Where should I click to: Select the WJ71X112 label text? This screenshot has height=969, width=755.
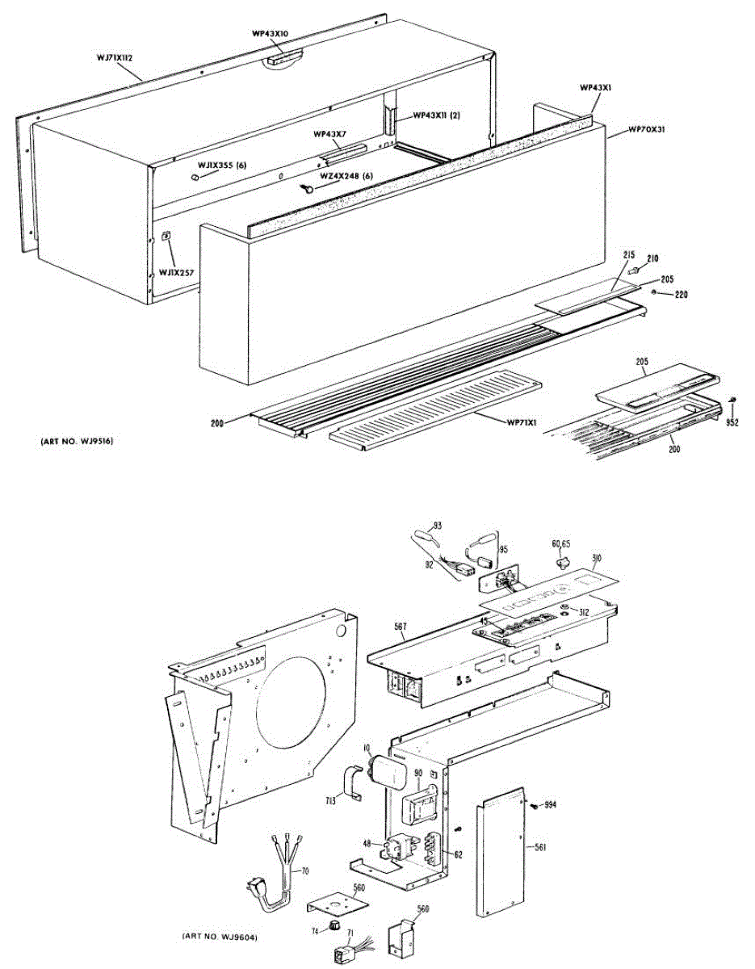pyautogui.click(x=115, y=57)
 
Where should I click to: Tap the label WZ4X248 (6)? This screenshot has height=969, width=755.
pyautogui.click(x=346, y=176)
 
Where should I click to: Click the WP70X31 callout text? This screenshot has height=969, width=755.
pyautogui.click(x=645, y=129)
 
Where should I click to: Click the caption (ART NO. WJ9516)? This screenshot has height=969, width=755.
pyautogui.click(x=77, y=442)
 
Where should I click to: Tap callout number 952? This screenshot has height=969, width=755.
pyautogui.click(x=731, y=422)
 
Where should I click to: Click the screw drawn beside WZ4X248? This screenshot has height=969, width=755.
pyautogui.click(x=308, y=188)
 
